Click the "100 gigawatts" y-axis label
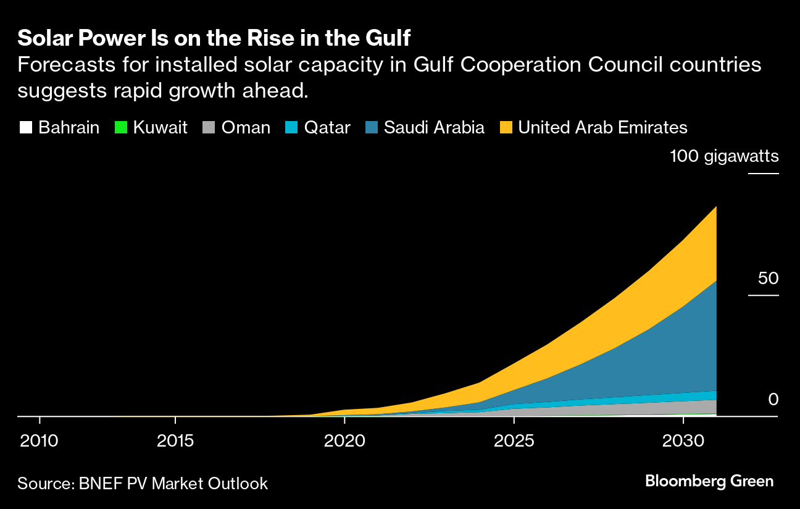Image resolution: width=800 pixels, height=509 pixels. click(725, 156)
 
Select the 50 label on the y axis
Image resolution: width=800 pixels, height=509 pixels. click(769, 279)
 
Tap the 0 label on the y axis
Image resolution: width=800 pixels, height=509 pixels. click(773, 400)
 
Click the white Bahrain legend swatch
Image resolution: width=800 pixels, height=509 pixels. click(25, 128)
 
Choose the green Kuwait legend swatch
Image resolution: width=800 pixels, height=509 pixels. click(120, 128)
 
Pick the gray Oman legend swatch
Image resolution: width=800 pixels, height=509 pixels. click(209, 128)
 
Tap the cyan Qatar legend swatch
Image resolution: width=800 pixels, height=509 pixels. click(291, 128)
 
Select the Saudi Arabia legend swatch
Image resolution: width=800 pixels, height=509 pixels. click(371, 128)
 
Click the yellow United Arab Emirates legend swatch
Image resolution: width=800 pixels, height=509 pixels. click(506, 128)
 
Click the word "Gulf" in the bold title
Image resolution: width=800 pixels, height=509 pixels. click(387, 38)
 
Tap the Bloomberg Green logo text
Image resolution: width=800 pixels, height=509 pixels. click(709, 481)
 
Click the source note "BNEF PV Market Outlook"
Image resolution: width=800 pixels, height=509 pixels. click(173, 483)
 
